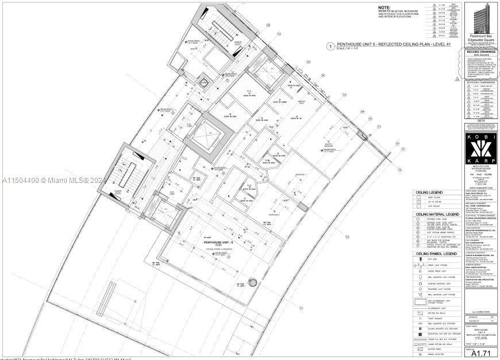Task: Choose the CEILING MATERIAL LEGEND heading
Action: pyautogui.click(x=436, y=214)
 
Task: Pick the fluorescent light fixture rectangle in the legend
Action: pyautogui.click(x=421, y=301)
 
